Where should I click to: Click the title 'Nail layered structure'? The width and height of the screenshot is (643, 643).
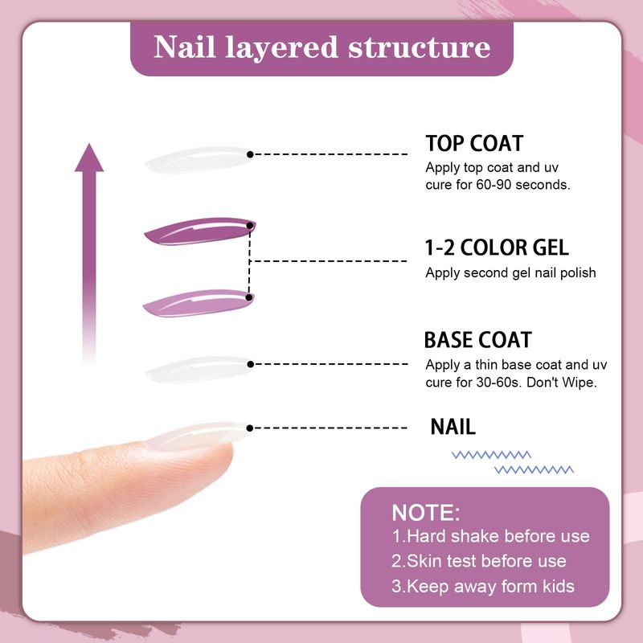[321, 47]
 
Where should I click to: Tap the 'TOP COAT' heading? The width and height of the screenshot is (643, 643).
[474, 144]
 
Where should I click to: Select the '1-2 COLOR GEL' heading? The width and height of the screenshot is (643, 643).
[496, 247]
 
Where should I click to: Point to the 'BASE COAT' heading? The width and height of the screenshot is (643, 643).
[477, 340]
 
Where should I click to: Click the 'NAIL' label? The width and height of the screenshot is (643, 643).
[453, 426]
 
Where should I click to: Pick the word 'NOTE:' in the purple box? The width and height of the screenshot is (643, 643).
[426, 512]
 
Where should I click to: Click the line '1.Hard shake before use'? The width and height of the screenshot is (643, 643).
[490, 536]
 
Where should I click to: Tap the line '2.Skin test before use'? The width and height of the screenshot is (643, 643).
[479, 561]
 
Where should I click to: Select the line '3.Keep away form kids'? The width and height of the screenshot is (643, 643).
[483, 586]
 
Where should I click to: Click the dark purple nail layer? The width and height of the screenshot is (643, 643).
[197, 231]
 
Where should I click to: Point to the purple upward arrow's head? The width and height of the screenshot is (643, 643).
[89, 158]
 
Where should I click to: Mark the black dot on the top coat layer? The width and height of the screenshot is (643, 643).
[251, 154]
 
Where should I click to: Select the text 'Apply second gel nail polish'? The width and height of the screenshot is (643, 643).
[510, 272]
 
